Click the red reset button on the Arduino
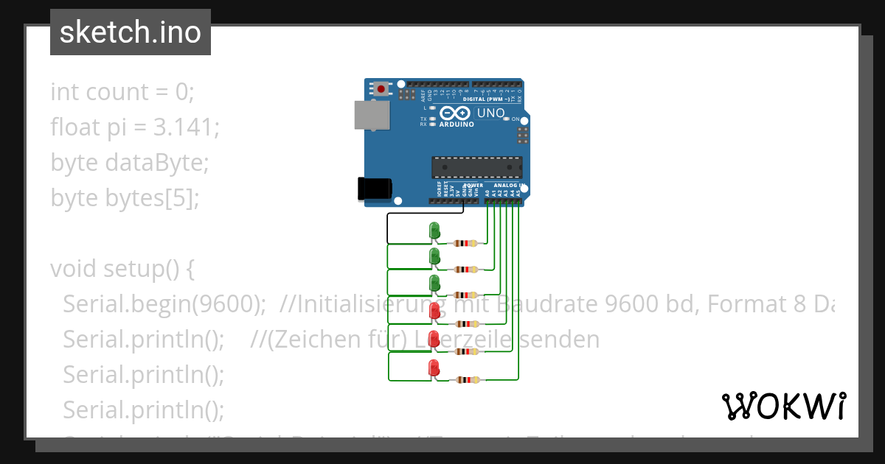tap(381, 89)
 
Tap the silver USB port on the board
tap(372, 116)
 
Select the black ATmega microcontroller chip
tap(476, 167)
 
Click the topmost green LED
tap(434, 231)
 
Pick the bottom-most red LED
tap(434, 368)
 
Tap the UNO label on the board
tap(491, 113)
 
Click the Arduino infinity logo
tap(456, 113)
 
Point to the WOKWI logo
tap(783, 406)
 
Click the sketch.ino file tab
tap(131, 32)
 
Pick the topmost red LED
tap(435, 312)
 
